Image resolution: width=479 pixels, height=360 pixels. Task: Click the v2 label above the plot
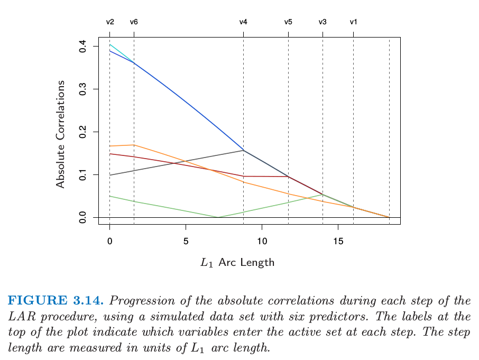click(x=110, y=22)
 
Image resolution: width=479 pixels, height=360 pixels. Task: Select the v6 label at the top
click(x=134, y=22)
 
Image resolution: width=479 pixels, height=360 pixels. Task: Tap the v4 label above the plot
click(x=243, y=22)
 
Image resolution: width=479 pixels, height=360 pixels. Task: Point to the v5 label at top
click(x=288, y=22)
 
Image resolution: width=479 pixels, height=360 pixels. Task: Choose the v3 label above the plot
click(x=323, y=22)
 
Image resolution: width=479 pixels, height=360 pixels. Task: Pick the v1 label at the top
click(x=353, y=22)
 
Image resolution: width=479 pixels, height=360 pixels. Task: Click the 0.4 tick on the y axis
click(x=82, y=47)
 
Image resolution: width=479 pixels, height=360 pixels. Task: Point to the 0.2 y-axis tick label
click(x=82, y=132)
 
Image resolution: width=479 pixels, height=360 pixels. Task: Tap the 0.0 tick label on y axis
click(x=82, y=217)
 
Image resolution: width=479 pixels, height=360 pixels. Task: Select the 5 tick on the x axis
click(x=186, y=241)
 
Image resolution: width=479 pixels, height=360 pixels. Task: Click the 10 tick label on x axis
click(x=262, y=241)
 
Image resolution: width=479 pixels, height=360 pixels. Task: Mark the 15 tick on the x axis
click(x=338, y=241)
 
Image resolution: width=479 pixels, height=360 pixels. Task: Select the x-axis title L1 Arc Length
click(x=237, y=263)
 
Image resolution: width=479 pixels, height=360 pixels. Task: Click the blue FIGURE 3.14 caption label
click(x=57, y=301)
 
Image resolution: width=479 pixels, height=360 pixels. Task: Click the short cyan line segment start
click(x=110, y=45)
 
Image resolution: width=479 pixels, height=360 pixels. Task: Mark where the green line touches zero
click(x=218, y=217)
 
